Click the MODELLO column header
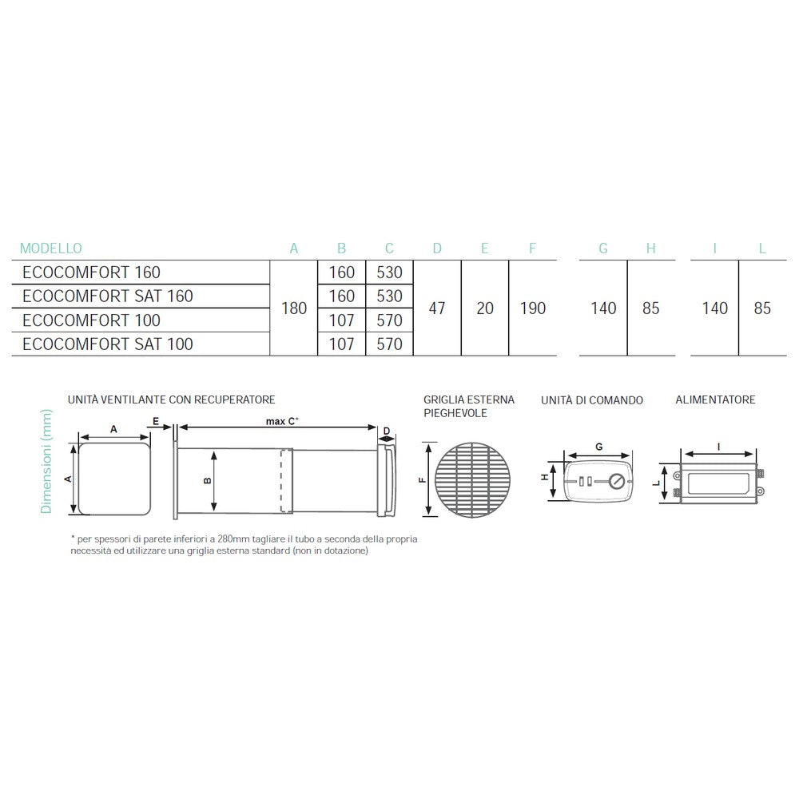click(x=50, y=248)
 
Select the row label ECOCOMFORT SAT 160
click(x=108, y=296)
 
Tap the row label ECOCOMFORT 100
click(x=92, y=320)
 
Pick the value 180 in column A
click(x=294, y=308)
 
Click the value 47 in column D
click(x=437, y=308)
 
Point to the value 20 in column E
click(x=485, y=308)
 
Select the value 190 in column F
click(x=533, y=308)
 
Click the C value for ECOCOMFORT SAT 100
click(x=389, y=344)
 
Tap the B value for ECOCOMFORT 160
click(x=342, y=272)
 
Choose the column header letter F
click(x=533, y=248)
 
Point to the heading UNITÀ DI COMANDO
click(x=591, y=399)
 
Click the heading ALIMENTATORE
click(x=715, y=399)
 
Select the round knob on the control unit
click(x=615, y=482)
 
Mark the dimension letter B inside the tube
click(x=208, y=481)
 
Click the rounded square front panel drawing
click(x=113, y=479)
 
